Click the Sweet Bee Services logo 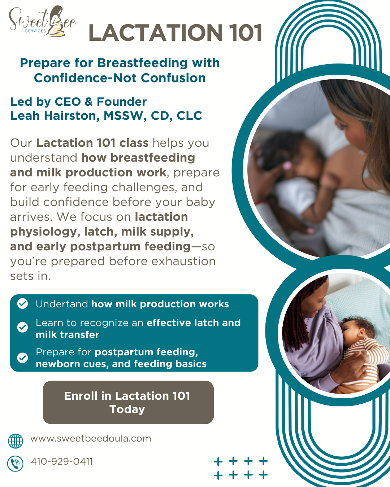(43, 22)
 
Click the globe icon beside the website (16, 441)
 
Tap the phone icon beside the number (16, 464)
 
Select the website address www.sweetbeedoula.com (91, 439)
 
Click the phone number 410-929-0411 (62, 461)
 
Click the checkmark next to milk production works (22, 304)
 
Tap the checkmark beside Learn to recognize (22, 327)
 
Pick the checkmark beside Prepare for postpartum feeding (22, 357)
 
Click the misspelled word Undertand (62, 304)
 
